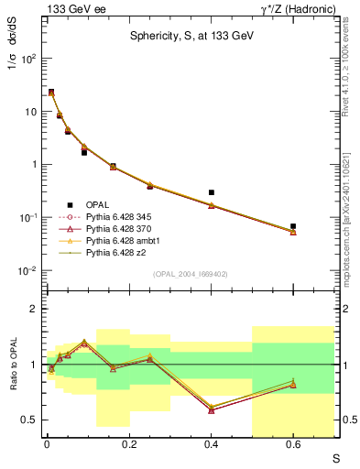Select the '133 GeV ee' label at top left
[71, 8]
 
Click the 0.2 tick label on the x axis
[129, 443]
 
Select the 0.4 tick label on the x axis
[211, 443]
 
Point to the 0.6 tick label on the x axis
[293, 443]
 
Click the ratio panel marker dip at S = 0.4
[212, 409]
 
